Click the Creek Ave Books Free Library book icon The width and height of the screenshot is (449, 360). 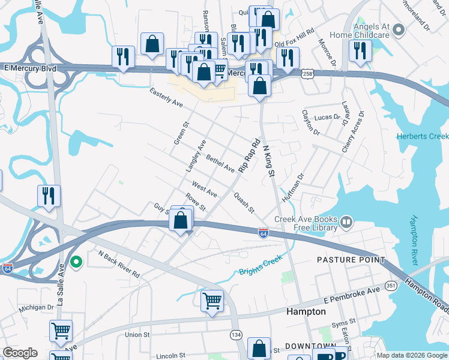coord(346,223)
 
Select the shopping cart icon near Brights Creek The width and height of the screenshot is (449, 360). coord(211,301)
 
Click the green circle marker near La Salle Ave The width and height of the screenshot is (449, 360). coord(76,262)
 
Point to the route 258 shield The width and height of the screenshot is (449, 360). coord(306,73)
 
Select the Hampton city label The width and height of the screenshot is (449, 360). coord(306,312)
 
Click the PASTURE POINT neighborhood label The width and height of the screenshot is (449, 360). coord(351,260)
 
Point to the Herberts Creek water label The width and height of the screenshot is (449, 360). coord(423,136)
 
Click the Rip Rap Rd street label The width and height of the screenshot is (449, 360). coord(250,157)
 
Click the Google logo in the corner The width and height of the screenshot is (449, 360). coord(20,353)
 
